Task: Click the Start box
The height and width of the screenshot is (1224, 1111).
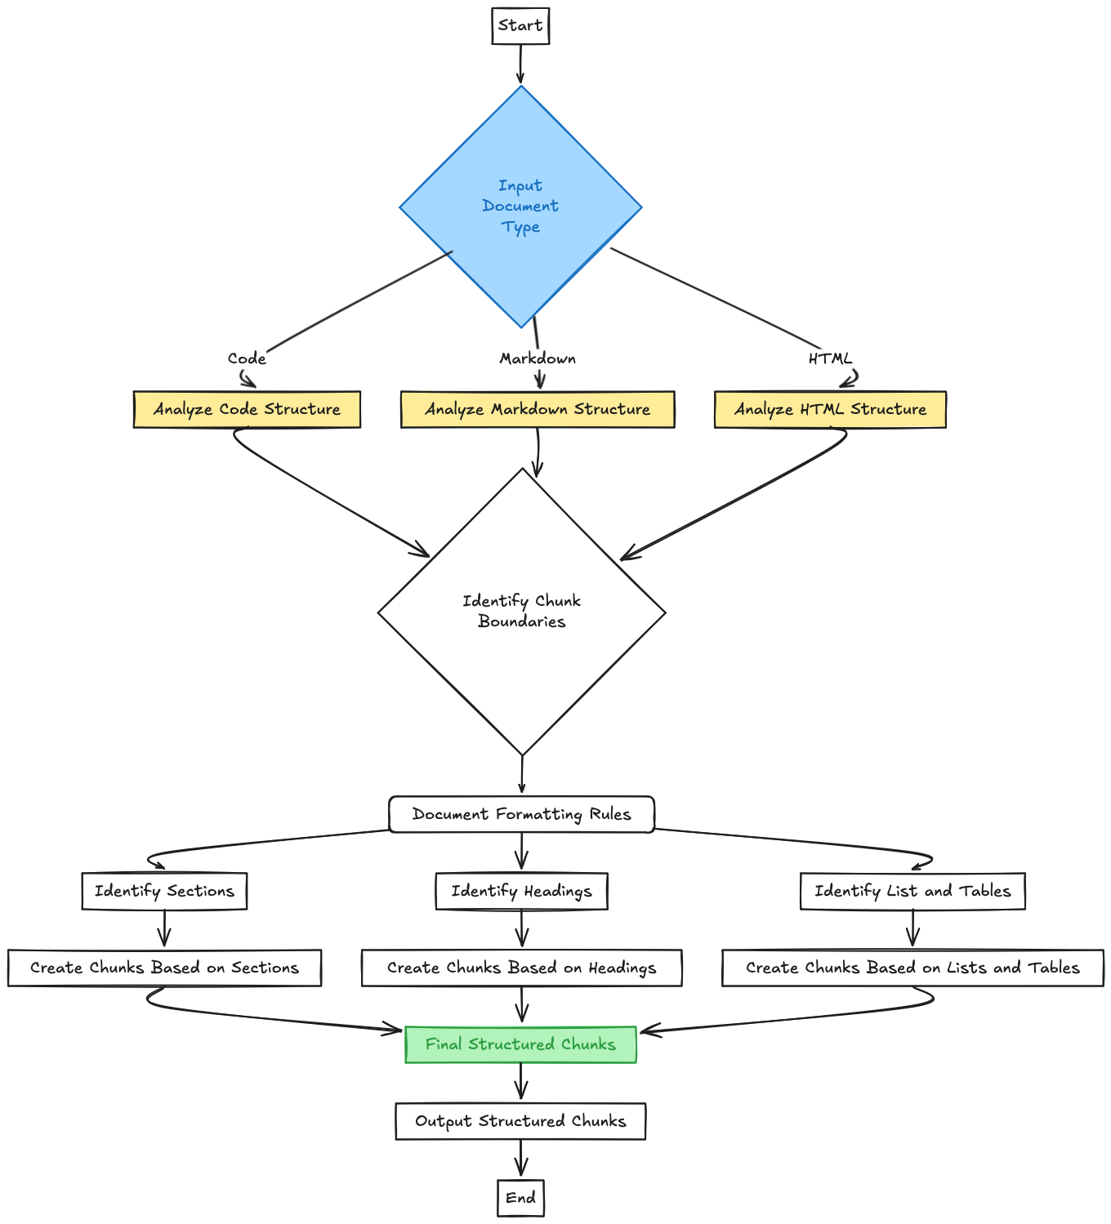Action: pyautogui.click(x=520, y=26)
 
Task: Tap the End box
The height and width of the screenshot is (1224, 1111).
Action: pyautogui.click(x=520, y=1198)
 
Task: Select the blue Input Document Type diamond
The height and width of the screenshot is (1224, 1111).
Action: pyautogui.click(x=520, y=207)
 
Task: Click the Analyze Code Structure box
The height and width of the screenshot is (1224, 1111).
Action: pyautogui.click(x=247, y=409)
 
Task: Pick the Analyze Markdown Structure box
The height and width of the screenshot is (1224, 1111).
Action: pyautogui.click(x=538, y=409)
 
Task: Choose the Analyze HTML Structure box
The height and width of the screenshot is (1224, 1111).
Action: pyautogui.click(x=830, y=409)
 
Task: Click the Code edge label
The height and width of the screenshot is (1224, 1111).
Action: pyautogui.click(x=247, y=358)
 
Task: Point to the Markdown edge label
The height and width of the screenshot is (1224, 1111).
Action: pyautogui.click(x=538, y=358)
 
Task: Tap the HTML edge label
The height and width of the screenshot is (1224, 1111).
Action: pyautogui.click(x=830, y=358)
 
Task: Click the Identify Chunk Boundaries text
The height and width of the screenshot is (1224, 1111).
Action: pyautogui.click(x=521, y=611)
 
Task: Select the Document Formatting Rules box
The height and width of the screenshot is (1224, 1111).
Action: pyautogui.click(x=521, y=814)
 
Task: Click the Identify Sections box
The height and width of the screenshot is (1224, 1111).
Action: pyautogui.click(x=164, y=891)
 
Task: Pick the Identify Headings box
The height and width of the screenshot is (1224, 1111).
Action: pyautogui.click(x=521, y=891)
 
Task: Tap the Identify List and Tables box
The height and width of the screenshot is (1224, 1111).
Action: pyautogui.click(x=912, y=891)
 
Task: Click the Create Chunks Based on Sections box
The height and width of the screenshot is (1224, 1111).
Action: pyautogui.click(x=164, y=968)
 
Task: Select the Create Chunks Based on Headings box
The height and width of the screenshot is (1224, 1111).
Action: pyautogui.click(x=521, y=968)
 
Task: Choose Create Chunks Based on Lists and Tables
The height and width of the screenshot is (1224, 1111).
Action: pyautogui.click(x=912, y=968)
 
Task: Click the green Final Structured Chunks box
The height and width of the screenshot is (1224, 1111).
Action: pyautogui.click(x=520, y=1044)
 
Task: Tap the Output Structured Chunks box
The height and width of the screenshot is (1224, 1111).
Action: pyautogui.click(x=520, y=1121)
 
